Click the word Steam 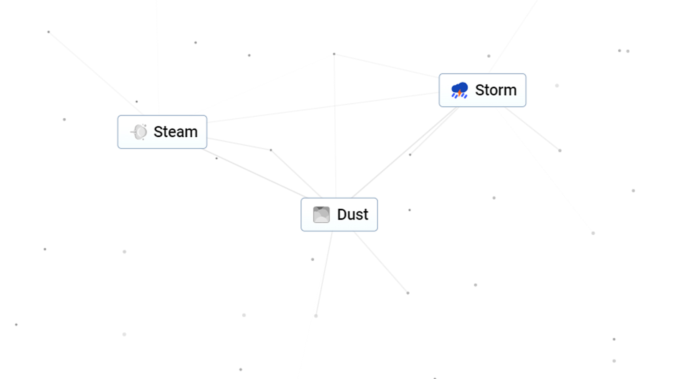coord(176,132)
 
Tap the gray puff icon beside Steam coord(139,132)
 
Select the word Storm coord(496,90)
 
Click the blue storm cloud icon coord(460,90)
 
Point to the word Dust coord(353,214)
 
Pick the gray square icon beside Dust coord(321,214)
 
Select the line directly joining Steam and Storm coord(323,107)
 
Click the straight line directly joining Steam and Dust coord(254,173)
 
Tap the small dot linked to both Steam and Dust coord(271,150)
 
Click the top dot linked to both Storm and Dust coord(334,54)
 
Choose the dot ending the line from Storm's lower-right coord(560,150)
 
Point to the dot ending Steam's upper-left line coord(48,32)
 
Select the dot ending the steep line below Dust coord(316,316)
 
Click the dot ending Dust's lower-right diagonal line coord(408,293)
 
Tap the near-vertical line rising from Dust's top coord(335,126)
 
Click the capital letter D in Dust coord(342,214)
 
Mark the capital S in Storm coord(480,90)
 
